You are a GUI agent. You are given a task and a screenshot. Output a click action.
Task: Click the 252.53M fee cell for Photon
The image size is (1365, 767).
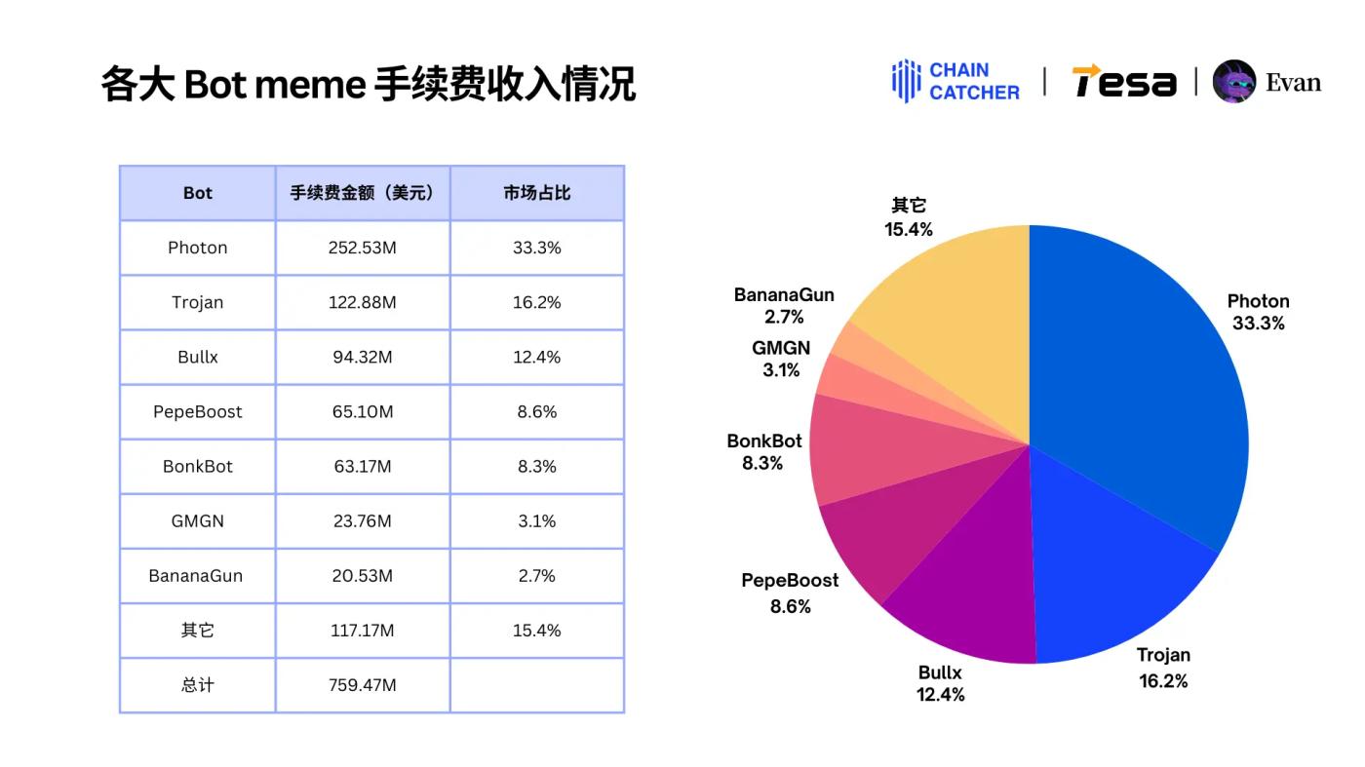click(x=363, y=248)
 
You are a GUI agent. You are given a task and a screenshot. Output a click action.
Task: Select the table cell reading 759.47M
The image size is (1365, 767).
click(x=363, y=685)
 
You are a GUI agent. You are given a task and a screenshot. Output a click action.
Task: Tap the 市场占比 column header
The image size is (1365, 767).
click(x=537, y=193)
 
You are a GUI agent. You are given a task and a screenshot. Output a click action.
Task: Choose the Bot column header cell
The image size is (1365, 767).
click(x=198, y=193)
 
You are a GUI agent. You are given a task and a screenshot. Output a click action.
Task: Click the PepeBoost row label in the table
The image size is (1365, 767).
click(x=198, y=411)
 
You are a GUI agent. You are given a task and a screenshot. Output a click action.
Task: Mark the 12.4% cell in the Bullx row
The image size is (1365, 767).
click(x=537, y=357)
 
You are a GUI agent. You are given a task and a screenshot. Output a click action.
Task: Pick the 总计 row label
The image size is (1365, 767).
click(x=198, y=685)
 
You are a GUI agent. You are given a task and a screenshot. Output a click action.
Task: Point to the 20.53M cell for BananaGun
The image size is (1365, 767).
click(x=363, y=576)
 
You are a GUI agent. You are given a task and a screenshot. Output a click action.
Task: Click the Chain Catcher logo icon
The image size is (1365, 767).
click(x=906, y=81)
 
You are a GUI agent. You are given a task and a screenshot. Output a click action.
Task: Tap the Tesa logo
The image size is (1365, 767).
click(x=1124, y=82)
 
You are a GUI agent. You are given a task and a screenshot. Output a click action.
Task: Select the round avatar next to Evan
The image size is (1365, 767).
click(x=1234, y=82)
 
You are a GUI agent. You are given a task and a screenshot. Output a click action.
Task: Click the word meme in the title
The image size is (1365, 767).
click(x=309, y=85)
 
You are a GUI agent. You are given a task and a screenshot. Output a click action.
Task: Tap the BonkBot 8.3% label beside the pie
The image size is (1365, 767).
click(x=764, y=452)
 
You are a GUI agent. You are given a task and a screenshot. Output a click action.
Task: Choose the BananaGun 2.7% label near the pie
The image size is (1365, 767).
click(x=784, y=306)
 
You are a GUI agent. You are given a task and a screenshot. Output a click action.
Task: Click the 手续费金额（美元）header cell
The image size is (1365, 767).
click(x=363, y=193)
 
